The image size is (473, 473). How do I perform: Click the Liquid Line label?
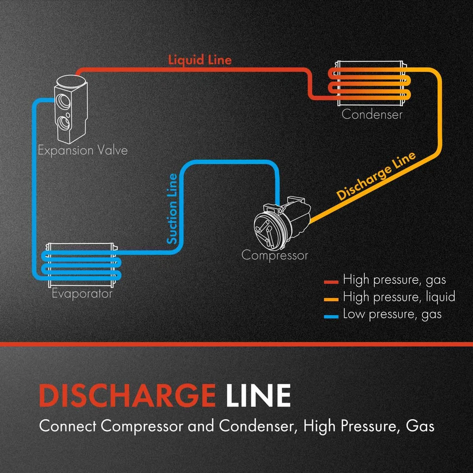point(200,60)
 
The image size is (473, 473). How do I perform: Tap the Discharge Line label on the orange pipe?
point(376,176)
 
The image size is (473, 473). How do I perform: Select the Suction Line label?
point(172,208)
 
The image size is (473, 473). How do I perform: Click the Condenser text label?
point(372,115)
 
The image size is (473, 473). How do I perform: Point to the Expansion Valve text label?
point(83,150)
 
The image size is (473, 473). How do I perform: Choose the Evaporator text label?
point(82,294)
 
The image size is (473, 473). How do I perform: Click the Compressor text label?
point(274,255)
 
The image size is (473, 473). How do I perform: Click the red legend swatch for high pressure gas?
point(331,282)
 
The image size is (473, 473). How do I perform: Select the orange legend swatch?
point(331,299)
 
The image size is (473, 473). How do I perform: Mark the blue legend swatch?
point(331,315)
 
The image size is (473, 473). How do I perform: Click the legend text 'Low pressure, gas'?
point(392,314)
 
